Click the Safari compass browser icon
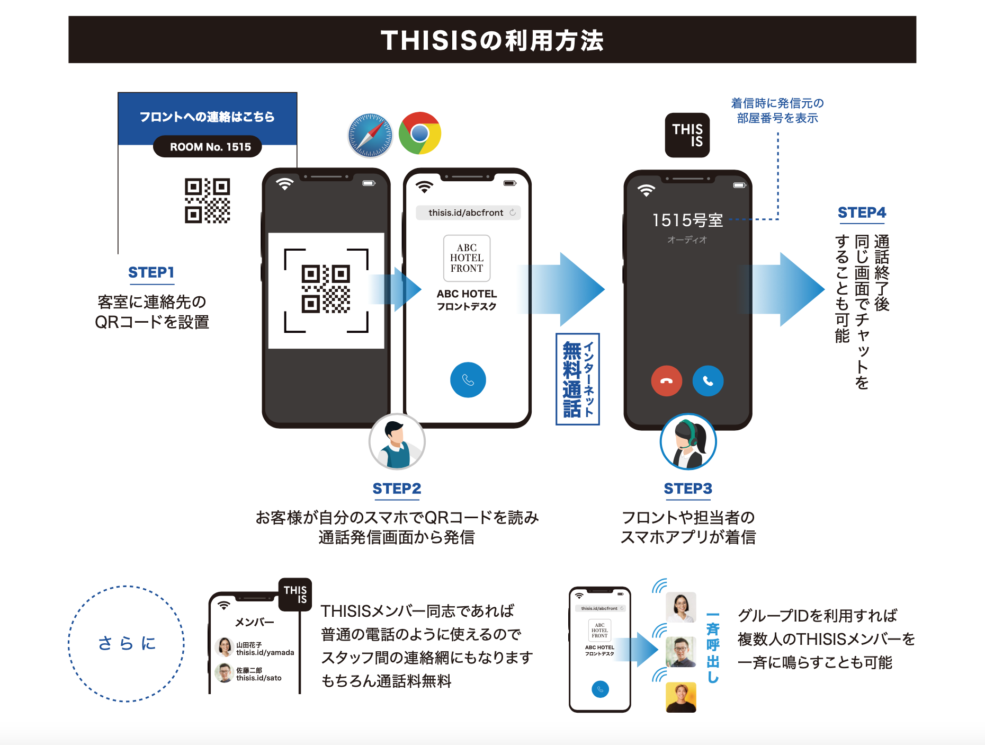(370, 135)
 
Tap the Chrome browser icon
(420, 133)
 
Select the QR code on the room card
(207, 200)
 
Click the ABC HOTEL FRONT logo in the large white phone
(467, 258)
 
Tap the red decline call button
(666, 381)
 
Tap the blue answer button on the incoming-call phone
(708, 381)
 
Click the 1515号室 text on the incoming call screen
(687, 220)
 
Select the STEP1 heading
(151, 272)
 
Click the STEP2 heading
(397, 489)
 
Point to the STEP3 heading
(687, 489)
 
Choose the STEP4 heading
(861, 212)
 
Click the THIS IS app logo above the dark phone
(687, 135)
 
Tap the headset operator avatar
(688, 442)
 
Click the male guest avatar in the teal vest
(397, 442)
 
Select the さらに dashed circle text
(127, 643)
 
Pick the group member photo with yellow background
(680, 697)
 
